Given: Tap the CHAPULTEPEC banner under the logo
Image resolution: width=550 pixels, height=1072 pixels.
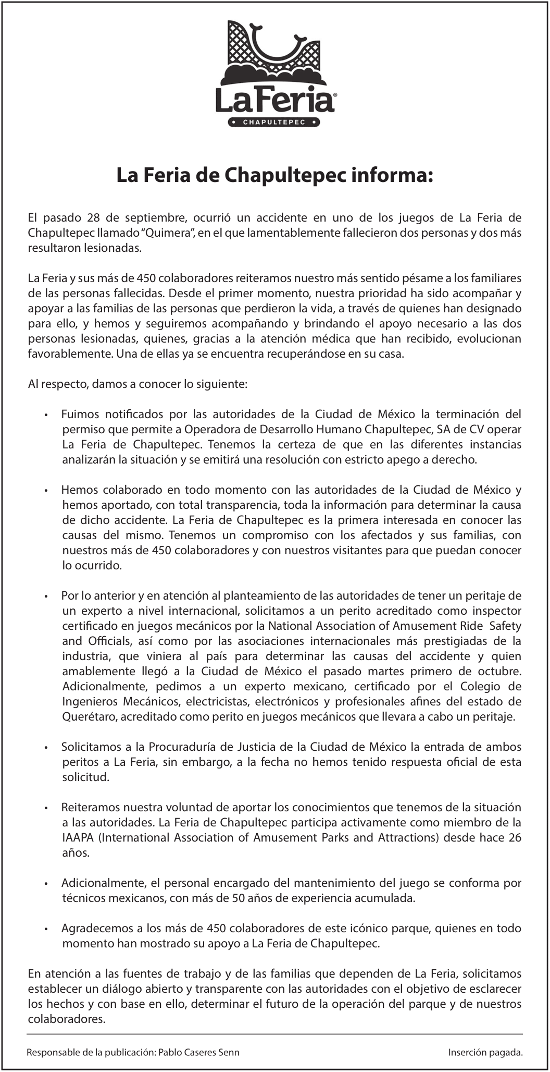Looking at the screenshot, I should tap(274, 123).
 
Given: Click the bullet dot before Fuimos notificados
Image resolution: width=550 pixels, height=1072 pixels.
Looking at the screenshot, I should tap(46, 416).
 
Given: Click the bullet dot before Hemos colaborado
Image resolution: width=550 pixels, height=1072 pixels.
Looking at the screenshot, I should tap(46, 491).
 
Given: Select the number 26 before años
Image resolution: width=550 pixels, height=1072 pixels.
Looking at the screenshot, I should tap(515, 838).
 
